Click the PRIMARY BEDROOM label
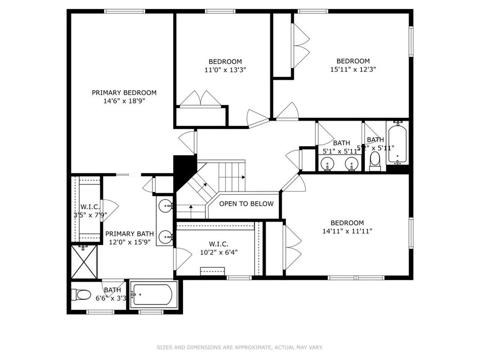pos(124,92)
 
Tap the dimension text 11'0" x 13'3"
pos(225,70)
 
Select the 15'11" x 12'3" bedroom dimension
pos(353,70)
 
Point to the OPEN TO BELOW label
pos(246,204)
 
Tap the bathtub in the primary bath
pos(154,294)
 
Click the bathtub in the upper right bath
pos(397,144)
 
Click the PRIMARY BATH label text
pos(130,234)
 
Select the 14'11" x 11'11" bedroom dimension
pos(347,231)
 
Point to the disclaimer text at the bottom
pos(239,348)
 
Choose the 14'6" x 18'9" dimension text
pos(124,101)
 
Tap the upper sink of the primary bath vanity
pos(167,205)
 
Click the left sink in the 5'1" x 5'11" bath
pos(328,164)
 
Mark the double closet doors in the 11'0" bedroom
pos(200,99)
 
